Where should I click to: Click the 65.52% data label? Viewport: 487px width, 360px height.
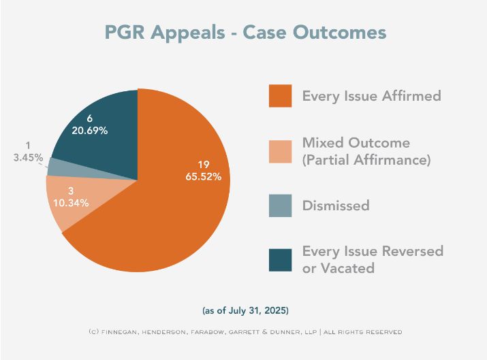coord(203,176)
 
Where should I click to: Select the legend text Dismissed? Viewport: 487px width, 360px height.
coord(336,206)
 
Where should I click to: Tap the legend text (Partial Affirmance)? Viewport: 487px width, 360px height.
coord(366,161)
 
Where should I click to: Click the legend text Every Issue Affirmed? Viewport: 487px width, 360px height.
coord(371,96)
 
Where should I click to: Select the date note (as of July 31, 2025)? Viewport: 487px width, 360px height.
coord(246,311)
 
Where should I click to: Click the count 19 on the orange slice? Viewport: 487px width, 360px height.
coord(203,163)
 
